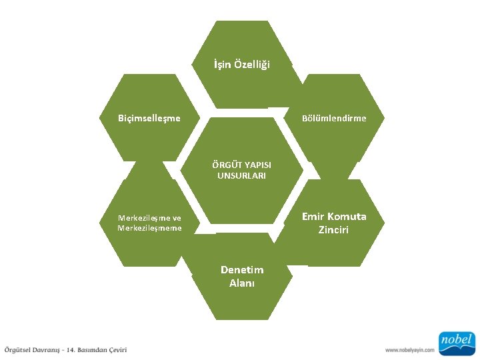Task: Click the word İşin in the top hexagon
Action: (x=223, y=65)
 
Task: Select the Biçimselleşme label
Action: (x=149, y=118)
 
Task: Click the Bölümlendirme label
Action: (x=333, y=118)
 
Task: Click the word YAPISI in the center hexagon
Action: (x=257, y=164)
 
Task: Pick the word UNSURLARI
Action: (x=241, y=175)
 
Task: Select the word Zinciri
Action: (x=333, y=230)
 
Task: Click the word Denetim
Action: (x=242, y=269)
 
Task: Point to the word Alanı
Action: (x=242, y=282)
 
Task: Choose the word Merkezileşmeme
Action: (x=149, y=228)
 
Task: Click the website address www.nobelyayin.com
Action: (x=409, y=349)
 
